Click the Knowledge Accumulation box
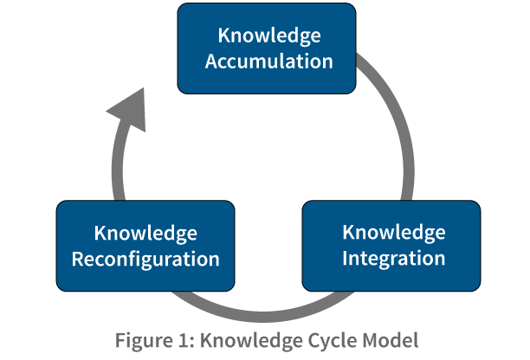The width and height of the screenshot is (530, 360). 268,48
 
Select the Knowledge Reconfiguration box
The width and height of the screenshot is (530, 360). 145,245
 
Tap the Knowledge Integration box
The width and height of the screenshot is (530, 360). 391,245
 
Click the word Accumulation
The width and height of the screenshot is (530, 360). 268,61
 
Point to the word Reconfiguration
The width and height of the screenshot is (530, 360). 145,259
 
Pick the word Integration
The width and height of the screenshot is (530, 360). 394,258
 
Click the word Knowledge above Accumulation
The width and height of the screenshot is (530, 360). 268,36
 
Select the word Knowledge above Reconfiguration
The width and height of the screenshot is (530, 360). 145,234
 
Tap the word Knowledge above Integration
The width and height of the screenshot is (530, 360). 394,232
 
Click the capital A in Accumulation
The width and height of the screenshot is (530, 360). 211,61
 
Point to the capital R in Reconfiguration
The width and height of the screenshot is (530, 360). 77,259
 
